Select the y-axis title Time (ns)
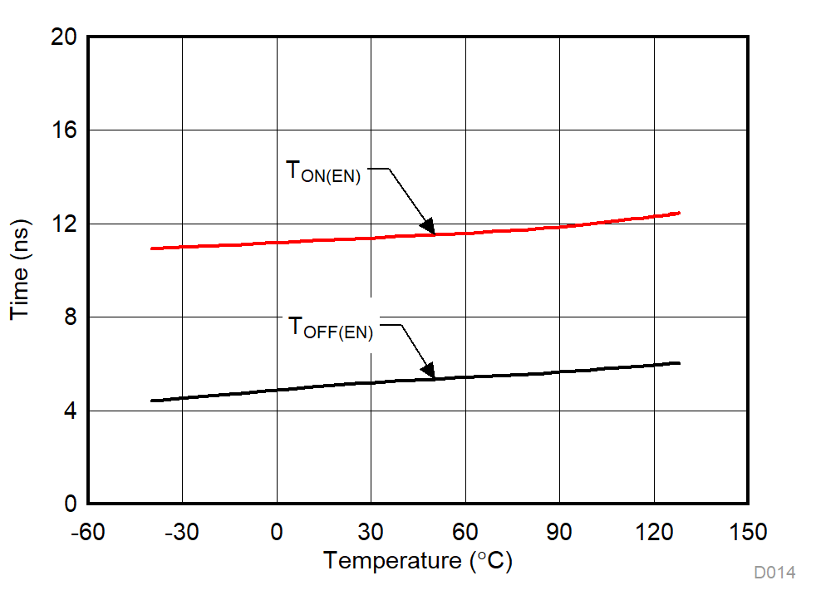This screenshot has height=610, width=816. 20,270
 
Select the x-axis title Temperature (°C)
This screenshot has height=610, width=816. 418,561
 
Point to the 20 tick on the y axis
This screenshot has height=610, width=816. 64,37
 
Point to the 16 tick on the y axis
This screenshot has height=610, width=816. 64,130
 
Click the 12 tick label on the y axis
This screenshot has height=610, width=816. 64,224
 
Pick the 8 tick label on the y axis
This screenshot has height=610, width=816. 70,317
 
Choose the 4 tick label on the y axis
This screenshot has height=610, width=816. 70,411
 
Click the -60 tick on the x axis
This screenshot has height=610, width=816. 88,531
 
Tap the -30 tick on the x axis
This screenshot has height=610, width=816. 182,531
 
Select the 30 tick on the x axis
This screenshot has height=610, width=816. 371,531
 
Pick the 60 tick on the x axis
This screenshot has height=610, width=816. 465,531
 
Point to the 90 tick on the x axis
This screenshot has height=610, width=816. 559,531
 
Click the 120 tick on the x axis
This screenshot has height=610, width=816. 654,531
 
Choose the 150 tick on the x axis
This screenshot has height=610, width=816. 748,531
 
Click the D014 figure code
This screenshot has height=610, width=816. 774,573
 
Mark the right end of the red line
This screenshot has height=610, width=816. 679,213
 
